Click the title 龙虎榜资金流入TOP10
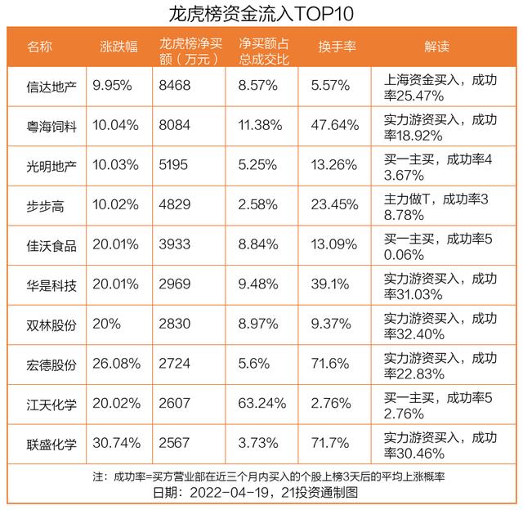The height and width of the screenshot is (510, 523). point(261,14)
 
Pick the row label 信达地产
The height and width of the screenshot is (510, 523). point(51,84)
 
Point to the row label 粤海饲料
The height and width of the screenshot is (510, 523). point(51,125)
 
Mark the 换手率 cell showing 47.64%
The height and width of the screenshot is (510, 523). point(336,125)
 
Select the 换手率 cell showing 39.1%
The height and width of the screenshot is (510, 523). point(331,285)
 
